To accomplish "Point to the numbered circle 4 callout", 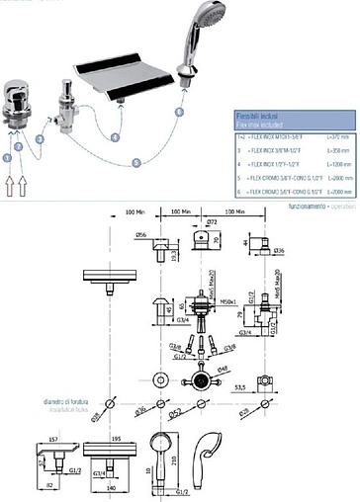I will pos(116,138).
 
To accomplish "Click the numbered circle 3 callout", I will pos(40,141).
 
